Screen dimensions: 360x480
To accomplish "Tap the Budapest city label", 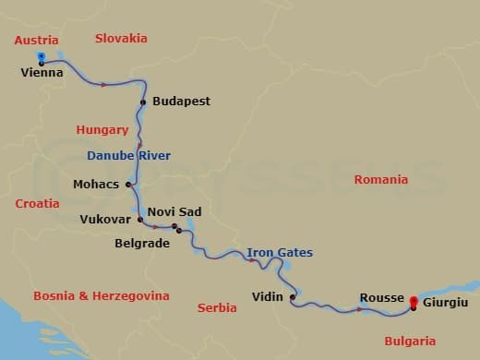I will (181, 101).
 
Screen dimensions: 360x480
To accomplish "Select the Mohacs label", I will (96, 184).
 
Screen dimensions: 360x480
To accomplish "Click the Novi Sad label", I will (174, 211).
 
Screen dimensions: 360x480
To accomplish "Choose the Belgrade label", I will (142, 244).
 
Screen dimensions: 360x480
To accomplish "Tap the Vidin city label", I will (269, 297).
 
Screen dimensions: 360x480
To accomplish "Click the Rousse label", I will (382, 298).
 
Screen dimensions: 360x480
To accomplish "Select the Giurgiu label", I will (445, 302).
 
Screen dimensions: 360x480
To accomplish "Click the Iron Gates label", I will (280, 252).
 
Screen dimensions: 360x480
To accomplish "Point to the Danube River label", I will (129, 154).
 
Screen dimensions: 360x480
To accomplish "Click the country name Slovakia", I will (121, 39).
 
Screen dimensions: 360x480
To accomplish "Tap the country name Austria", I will (36, 41).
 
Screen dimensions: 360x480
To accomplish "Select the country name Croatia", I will (37, 202).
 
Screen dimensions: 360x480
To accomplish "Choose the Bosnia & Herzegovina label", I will (101, 296).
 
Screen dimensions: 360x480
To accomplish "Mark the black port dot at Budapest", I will (143, 102).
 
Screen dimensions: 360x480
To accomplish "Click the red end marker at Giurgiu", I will (413, 301).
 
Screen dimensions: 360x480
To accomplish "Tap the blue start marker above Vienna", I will (42, 57).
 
